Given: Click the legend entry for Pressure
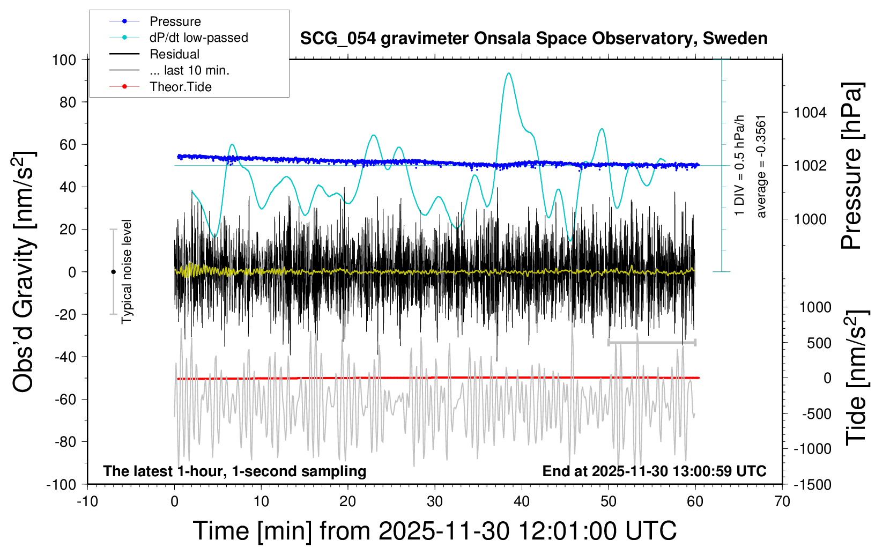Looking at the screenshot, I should [x=175, y=21].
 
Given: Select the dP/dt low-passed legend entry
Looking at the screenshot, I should [x=198, y=38].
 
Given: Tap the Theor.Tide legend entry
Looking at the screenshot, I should [x=180, y=87].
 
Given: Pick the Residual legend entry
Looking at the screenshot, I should [x=174, y=54].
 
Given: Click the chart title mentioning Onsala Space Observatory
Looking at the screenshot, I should [x=533, y=39].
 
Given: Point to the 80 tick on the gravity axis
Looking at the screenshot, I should [x=68, y=102].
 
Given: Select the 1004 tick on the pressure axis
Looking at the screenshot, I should [x=810, y=113].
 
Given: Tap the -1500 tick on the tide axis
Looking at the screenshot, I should [x=813, y=485].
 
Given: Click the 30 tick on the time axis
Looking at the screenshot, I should [x=435, y=502].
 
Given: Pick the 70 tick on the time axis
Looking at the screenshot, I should [x=782, y=502].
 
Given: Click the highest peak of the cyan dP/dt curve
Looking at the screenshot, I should [x=508, y=73].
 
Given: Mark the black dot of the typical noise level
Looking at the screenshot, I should [x=113, y=272].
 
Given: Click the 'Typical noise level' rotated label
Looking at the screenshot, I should [x=127, y=271].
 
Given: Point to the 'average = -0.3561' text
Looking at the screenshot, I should [x=761, y=166].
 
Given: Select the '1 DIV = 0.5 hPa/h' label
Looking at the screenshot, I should [x=740, y=165].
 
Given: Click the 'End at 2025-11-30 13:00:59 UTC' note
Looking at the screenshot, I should [x=654, y=471].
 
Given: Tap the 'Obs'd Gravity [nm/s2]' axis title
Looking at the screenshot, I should [x=24, y=271].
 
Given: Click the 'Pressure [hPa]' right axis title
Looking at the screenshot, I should [x=851, y=166].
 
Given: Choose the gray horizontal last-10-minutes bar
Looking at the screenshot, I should [x=651, y=342].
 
